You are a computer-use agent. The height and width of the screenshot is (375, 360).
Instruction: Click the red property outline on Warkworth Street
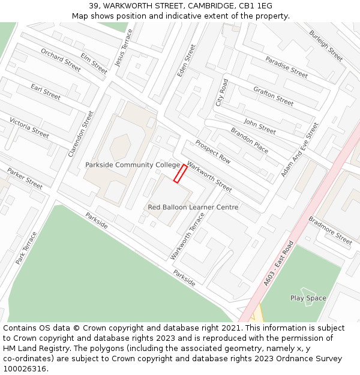click(180, 173)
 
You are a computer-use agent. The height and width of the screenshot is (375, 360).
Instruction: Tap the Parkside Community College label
click(133, 165)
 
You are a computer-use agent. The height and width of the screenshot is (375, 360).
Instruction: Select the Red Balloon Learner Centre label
click(193, 208)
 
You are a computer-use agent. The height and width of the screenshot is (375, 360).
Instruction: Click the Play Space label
click(308, 298)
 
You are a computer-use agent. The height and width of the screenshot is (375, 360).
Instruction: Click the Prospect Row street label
click(213, 152)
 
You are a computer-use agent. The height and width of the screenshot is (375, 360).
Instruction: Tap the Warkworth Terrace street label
click(187, 236)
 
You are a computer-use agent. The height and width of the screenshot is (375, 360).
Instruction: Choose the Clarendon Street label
click(81, 133)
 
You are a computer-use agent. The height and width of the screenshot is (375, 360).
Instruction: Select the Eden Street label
click(187, 61)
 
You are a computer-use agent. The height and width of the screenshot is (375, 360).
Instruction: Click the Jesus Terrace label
click(124, 47)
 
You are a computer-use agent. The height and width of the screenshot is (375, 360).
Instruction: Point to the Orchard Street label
click(61, 60)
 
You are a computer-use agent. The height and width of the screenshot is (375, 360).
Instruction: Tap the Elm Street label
click(94, 64)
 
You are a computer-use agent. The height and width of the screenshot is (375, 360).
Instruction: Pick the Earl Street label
click(46, 92)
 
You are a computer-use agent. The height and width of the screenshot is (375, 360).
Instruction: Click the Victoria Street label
click(29, 128)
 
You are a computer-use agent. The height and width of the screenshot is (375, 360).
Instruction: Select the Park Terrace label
click(26, 248)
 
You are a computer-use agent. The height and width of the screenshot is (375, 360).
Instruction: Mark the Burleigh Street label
click(326, 46)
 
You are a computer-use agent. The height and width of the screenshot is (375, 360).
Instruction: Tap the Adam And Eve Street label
click(300, 150)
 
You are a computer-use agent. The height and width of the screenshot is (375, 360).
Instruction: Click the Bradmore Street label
click(330, 230)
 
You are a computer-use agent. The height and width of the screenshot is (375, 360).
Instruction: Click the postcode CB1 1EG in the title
click(257, 5)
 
